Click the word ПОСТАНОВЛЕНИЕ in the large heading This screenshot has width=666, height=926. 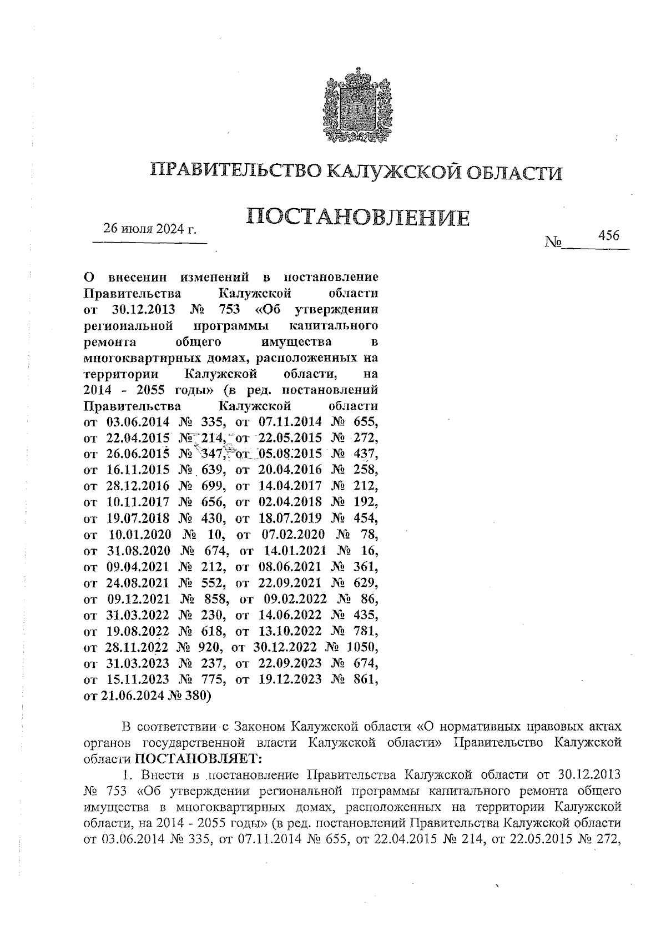(x=357, y=217)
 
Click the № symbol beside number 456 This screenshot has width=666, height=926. (x=553, y=242)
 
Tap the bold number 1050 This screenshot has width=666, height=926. (x=362, y=647)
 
